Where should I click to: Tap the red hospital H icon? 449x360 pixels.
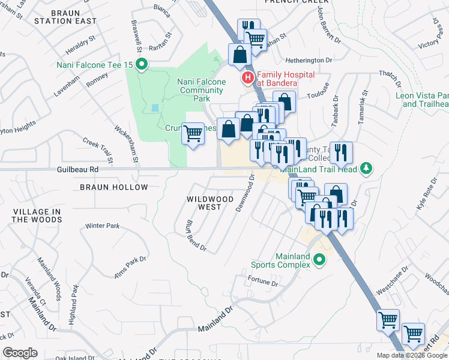(x=247, y=78)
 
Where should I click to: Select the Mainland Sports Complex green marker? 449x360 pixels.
(x=319, y=260)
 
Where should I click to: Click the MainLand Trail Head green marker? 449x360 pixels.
(x=366, y=169)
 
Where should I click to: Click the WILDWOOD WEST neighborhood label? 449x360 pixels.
(x=209, y=202)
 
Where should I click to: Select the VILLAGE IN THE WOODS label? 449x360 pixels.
(x=37, y=215)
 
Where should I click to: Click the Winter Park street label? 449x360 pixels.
(x=102, y=226)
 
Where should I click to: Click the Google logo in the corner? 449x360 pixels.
(x=20, y=353)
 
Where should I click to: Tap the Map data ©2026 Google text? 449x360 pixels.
(x=411, y=355)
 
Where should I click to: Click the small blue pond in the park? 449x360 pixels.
(x=156, y=108)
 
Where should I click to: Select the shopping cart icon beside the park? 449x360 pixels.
(x=193, y=133)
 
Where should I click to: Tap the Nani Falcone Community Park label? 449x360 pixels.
(x=202, y=90)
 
